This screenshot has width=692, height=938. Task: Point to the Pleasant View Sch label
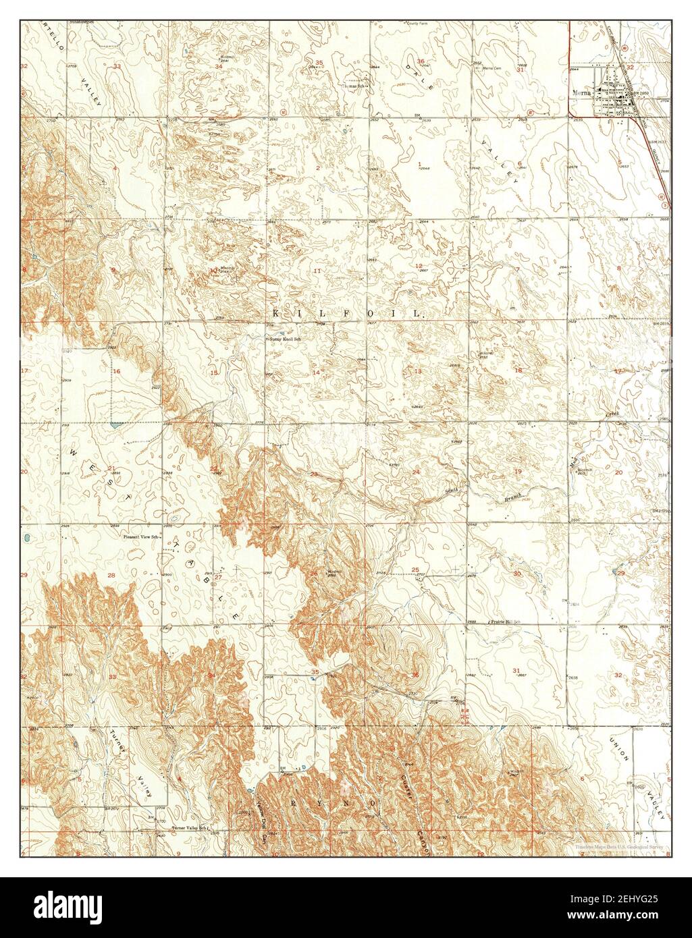pos(140,537)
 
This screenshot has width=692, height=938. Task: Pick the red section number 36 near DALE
pos(421,62)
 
